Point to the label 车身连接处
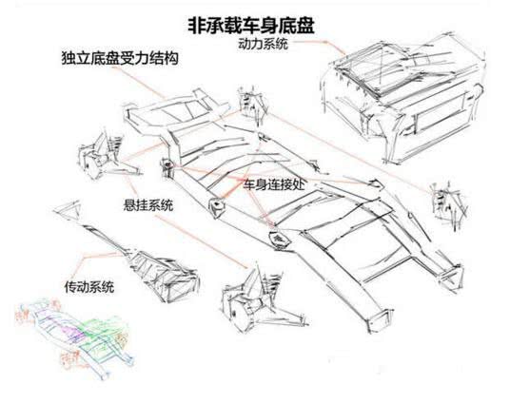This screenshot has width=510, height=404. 278,182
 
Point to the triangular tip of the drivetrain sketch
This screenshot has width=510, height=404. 69,208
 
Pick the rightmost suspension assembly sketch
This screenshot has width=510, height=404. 443,201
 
